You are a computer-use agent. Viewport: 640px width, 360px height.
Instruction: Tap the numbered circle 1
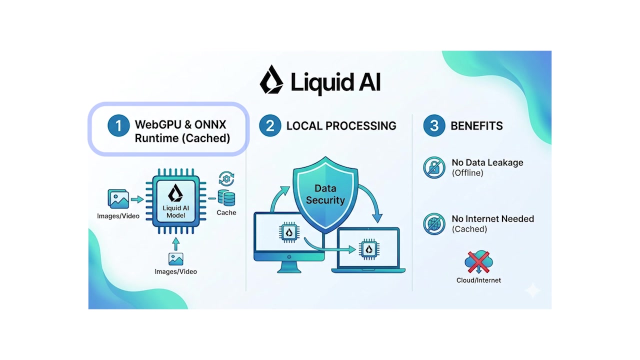coord(118,125)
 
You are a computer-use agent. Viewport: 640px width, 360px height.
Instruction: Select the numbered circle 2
coord(270,125)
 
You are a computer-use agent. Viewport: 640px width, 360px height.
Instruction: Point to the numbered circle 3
coord(434,125)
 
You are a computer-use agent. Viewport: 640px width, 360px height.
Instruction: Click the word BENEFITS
coord(476,126)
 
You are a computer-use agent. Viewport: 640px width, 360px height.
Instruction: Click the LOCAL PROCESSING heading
coord(341,126)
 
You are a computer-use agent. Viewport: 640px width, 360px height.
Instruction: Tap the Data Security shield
coord(325,195)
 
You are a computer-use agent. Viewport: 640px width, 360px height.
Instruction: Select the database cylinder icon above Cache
coord(226,198)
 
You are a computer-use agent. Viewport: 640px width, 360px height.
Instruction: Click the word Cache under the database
coord(226,212)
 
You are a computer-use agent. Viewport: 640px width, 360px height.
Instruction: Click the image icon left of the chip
coord(118,199)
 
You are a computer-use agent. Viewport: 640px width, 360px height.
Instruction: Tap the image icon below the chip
coord(175,258)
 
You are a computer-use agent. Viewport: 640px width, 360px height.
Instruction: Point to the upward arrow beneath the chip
coord(175,243)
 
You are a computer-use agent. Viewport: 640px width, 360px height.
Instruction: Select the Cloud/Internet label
coord(478,280)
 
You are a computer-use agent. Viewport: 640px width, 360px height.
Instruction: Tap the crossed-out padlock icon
coord(433,167)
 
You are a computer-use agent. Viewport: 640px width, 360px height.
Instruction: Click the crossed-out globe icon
coord(433,223)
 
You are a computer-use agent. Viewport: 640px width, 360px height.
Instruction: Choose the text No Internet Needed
coord(492,219)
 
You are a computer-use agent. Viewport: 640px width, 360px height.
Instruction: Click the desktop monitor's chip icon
coord(288,231)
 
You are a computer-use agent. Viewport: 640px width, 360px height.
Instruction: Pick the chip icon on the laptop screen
coord(369,248)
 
